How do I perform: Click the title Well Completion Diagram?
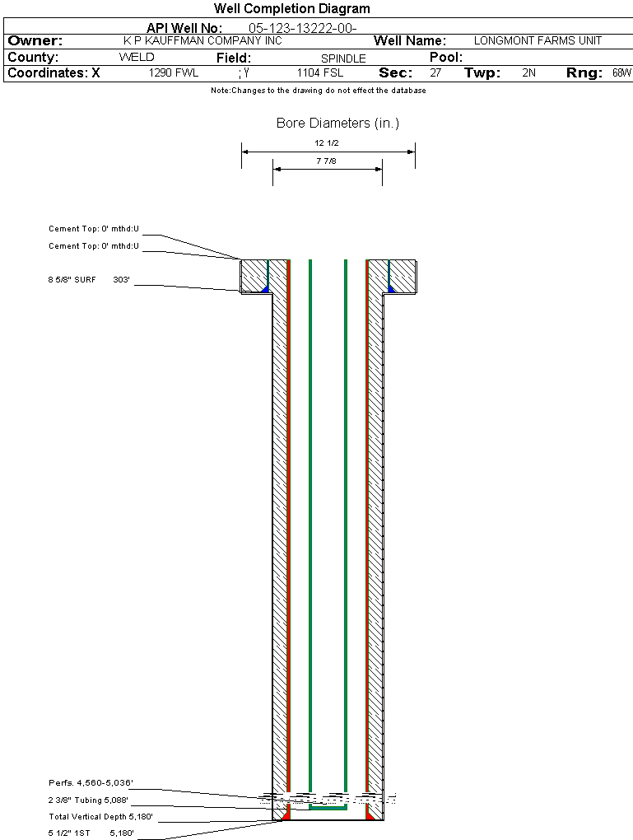click(x=291, y=9)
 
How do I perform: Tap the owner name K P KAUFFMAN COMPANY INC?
click(x=202, y=40)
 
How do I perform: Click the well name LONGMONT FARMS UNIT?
click(x=538, y=40)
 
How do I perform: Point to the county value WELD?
click(x=137, y=58)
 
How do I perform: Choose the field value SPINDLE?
click(x=343, y=58)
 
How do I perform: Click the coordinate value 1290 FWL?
click(x=174, y=73)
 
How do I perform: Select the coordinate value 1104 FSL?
click(x=320, y=73)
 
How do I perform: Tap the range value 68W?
click(x=621, y=73)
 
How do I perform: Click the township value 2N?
click(x=529, y=73)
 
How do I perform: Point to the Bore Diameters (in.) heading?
click(x=337, y=124)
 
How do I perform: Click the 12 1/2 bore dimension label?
click(x=327, y=143)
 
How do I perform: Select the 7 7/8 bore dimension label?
click(x=327, y=161)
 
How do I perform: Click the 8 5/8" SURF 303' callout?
click(x=90, y=280)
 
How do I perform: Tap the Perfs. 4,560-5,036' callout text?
click(x=91, y=782)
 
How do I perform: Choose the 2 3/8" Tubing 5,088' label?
click(x=88, y=800)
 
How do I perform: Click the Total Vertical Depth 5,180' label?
click(x=100, y=817)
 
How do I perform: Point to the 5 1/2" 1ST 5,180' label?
click(x=91, y=833)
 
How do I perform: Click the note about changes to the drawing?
click(x=319, y=91)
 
